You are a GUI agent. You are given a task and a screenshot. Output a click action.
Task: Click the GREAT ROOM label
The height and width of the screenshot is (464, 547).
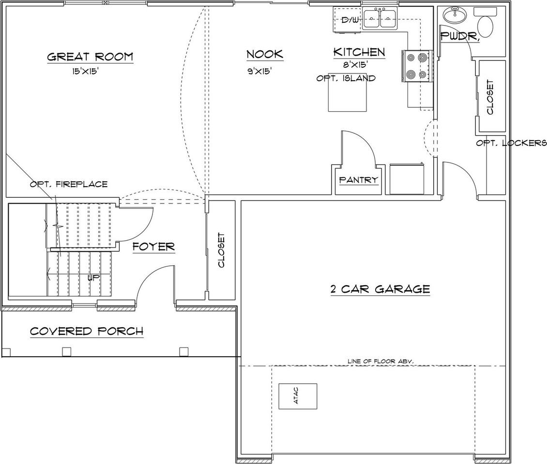(x=90, y=57)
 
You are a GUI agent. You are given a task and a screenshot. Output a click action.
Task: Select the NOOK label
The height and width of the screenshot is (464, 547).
(x=264, y=54)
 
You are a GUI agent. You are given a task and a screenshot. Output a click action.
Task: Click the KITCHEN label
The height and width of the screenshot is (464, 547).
(x=359, y=52)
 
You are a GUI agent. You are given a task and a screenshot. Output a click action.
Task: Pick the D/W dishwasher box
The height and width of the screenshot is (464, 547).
(x=350, y=20)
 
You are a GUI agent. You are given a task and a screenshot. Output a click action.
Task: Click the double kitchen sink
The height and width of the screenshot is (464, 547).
(x=380, y=19)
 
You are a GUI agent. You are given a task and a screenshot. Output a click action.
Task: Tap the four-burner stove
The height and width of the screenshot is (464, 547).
(x=417, y=66)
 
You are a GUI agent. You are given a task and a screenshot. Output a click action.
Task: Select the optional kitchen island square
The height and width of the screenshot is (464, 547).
(x=347, y=95)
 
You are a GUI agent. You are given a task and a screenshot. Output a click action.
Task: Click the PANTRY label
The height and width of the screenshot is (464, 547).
(x=358, y=180)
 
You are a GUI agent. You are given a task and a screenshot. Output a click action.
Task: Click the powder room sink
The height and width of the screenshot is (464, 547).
(x=456, y=15)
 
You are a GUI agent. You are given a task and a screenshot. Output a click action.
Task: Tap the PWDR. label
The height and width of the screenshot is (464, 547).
(x=460, y=36)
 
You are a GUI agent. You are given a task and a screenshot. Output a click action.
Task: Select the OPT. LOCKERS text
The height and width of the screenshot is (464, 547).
(x=511, y=143)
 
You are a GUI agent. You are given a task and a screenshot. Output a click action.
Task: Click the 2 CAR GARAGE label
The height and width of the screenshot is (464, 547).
(x=380, y=289)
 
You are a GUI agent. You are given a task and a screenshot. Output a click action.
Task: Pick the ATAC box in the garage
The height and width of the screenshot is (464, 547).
(x=298, y=396)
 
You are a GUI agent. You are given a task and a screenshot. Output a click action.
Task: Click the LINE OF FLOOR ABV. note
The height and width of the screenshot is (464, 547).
(x=380, y=361)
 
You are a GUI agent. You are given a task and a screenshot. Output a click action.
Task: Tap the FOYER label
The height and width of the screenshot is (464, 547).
(x=153, y=246)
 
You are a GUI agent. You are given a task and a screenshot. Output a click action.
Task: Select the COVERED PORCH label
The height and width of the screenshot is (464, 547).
(x=87, y=331)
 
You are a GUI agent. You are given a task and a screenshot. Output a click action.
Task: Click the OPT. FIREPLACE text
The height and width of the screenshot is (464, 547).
(x=69, y=184)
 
